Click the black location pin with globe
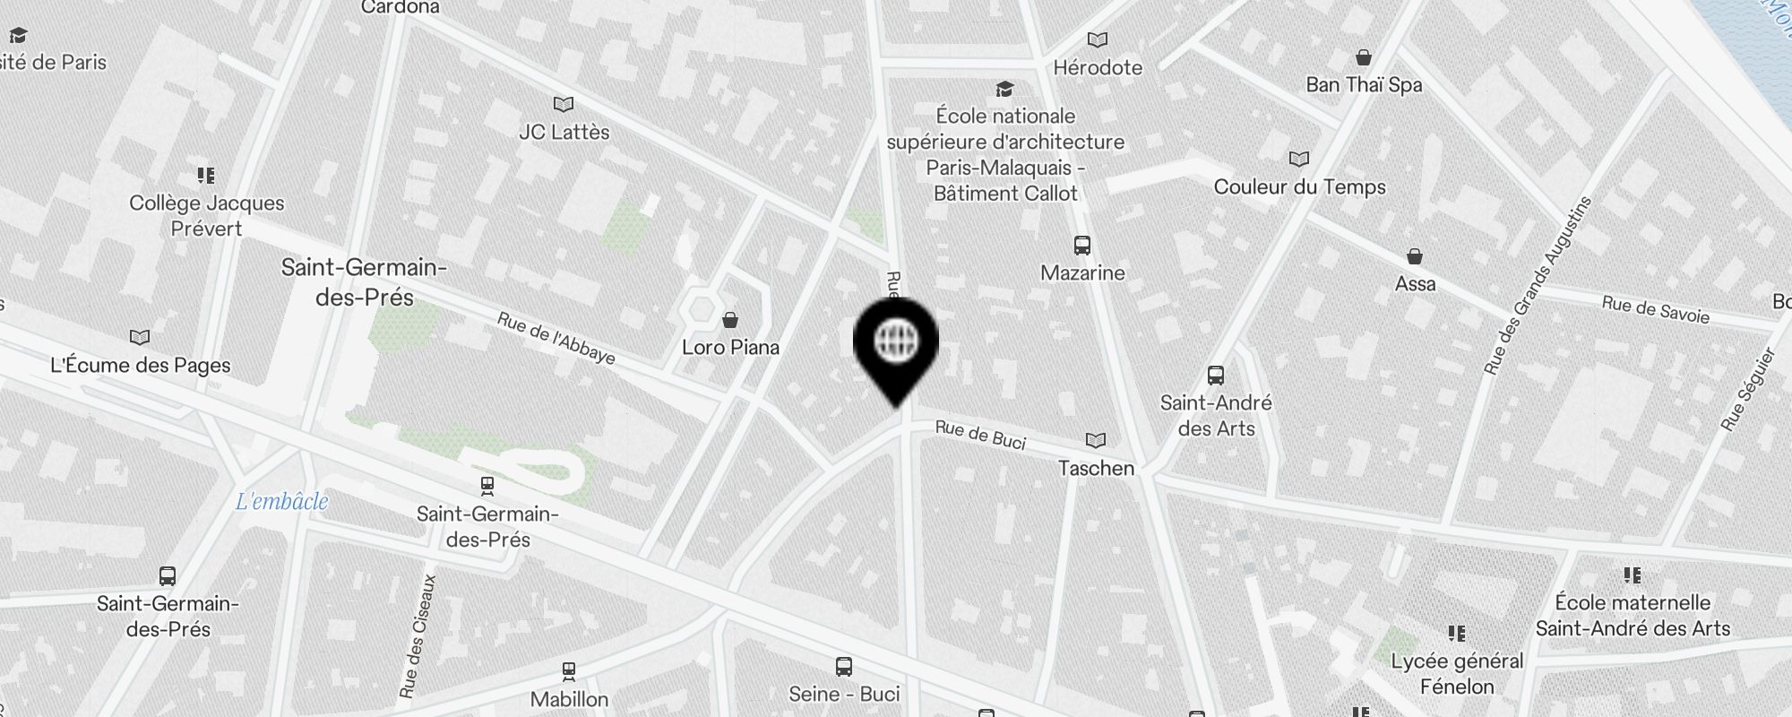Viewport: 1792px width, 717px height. pos(895,344)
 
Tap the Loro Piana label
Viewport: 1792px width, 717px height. pos(730,348)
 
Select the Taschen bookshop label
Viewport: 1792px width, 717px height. pos(1096,468)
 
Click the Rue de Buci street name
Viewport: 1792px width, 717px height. pos(980,434)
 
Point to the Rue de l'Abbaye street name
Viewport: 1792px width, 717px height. pos(556,338)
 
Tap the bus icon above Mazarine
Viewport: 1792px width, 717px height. pos(1082,246)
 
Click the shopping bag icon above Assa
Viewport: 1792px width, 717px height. pos(1415,257)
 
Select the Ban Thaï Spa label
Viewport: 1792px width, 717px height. pos(1364,85)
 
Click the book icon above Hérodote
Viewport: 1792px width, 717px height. pos(1098,40)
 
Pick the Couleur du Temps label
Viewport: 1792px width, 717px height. pos(1299,187)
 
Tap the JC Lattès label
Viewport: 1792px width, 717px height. pos(564,133)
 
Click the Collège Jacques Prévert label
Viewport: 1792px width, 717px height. pos(207,216)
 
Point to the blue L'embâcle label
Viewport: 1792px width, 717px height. pos(282,502)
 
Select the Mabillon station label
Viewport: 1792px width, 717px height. pos(569,699)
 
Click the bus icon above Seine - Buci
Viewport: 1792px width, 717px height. pos(844,667)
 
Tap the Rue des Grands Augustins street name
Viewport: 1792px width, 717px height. pos(1537,285)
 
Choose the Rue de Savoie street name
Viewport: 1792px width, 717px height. pos(1656,309)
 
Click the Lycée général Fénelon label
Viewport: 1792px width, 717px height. pos(1457,674)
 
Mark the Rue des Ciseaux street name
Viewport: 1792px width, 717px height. pos(418,635)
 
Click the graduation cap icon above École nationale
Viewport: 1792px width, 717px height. pos(1004,90)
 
